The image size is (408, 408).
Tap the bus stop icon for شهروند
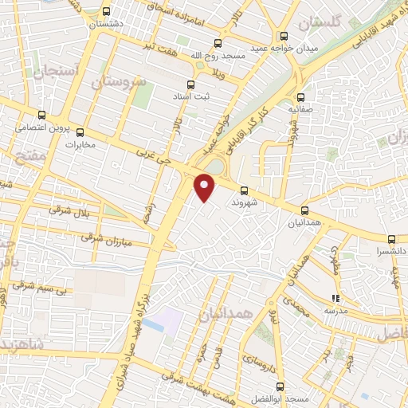click(244, 190)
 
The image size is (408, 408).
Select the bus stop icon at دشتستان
click(108, 12)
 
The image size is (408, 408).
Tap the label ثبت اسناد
click(191, 96)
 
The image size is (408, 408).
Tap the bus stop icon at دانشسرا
click(391, 238)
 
